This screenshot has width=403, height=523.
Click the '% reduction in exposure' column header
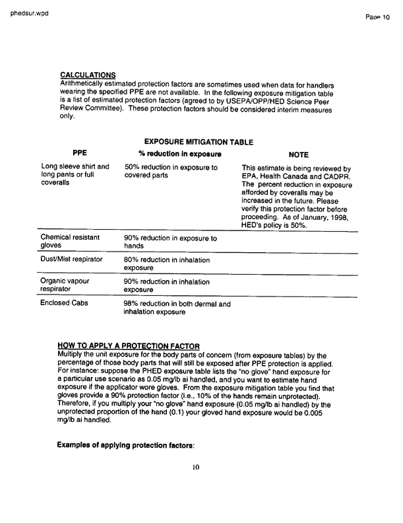(x=175, y=154)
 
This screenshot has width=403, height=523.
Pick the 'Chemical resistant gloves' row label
(x=70, y=240)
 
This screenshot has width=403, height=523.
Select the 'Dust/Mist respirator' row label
(x=72, y=260)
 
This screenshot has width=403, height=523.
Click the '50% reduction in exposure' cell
(x=170, y=172)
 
